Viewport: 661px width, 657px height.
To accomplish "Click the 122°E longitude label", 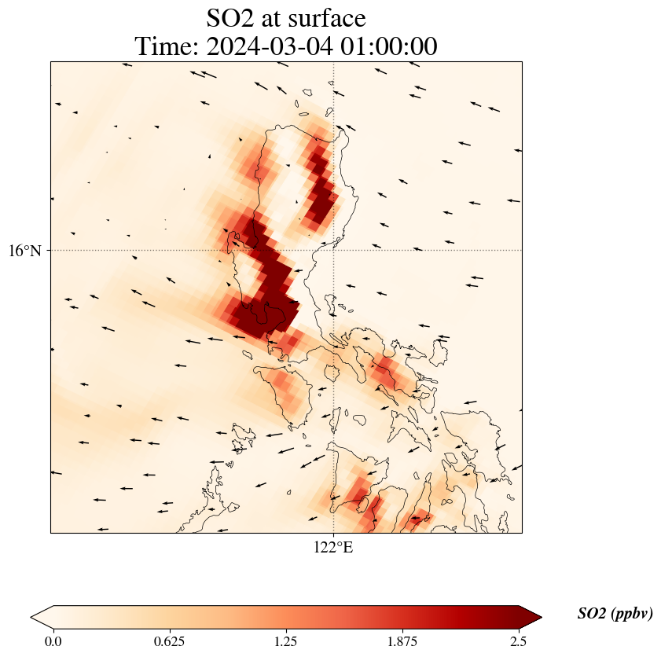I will [334, 547].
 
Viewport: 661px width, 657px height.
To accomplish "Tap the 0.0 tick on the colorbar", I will [53, 641].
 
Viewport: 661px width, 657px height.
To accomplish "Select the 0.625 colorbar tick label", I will [170, 641].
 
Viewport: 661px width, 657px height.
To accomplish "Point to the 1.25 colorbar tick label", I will [286, 641].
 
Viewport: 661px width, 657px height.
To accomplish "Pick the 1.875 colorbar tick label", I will [402, 641].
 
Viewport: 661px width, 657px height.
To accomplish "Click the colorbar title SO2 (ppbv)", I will [615, 614].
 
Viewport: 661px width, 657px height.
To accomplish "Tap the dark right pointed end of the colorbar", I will [531, 617].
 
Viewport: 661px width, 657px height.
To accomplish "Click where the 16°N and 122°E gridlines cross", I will [334, 251].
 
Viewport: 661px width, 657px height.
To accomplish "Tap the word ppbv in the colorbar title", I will [632, 614].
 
